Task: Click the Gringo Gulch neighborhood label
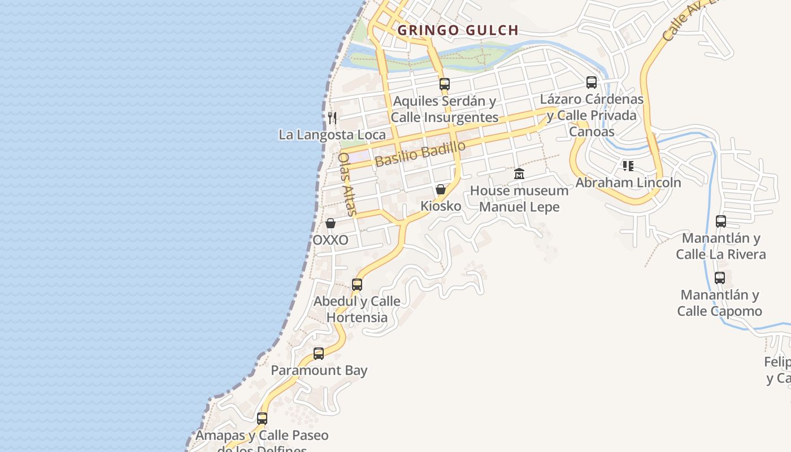458,30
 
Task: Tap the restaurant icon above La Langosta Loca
332,118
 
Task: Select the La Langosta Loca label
332,134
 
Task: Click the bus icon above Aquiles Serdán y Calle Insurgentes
445,84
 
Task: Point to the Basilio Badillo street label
420,153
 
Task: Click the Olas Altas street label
347,184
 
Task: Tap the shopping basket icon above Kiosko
441,189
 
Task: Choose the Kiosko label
441,206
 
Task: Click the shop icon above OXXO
331,223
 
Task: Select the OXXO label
331,240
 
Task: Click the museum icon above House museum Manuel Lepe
519,173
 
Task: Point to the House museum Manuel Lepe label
519,199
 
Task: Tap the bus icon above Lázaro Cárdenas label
592,82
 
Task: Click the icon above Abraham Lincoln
628,166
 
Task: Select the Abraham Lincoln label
628,182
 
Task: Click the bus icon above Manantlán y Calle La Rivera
721,221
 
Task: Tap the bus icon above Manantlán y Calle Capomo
720,278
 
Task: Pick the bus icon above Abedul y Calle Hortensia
357,285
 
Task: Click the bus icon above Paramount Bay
319,354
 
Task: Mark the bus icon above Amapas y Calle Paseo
262,419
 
